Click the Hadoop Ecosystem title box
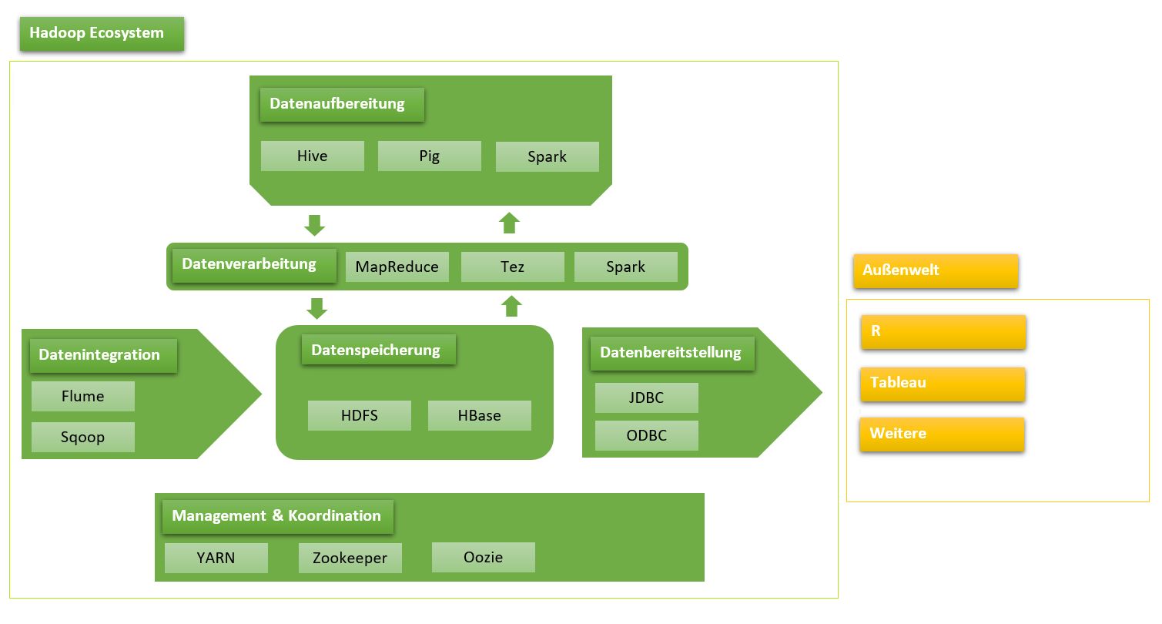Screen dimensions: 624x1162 click(x=102, y=34)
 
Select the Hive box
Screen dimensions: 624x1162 click(x=313, y=156)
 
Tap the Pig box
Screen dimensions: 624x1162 click(x=430, y=156)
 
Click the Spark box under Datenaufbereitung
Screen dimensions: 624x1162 click(x=548, y=157)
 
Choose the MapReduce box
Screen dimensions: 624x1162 click(x=397, y=267)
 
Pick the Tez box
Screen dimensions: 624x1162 click(x=513, y=267)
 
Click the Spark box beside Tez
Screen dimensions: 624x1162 click(x=626, y=267)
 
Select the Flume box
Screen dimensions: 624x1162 click(x=83, y=397)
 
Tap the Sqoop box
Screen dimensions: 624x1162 click(x=83, y=438)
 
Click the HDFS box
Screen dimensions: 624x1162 click(x=360, y=416)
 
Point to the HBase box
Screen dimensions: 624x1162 click(x=480, y=416)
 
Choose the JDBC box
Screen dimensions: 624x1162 click(x=647, y=398)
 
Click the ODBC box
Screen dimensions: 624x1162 click(x=647, y=436)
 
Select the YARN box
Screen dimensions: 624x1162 click(x=216, y=559)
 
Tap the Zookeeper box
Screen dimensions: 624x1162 click(x=350, y=559)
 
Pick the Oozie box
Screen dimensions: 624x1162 click(x=484, y=557)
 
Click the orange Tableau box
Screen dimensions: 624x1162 click(x=943, y=384)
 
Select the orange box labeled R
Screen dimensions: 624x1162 click(x=943, y=332)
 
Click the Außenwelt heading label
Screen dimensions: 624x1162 click(x=936, y=271)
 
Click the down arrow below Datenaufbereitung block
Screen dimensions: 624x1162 click(x=315, y=226)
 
